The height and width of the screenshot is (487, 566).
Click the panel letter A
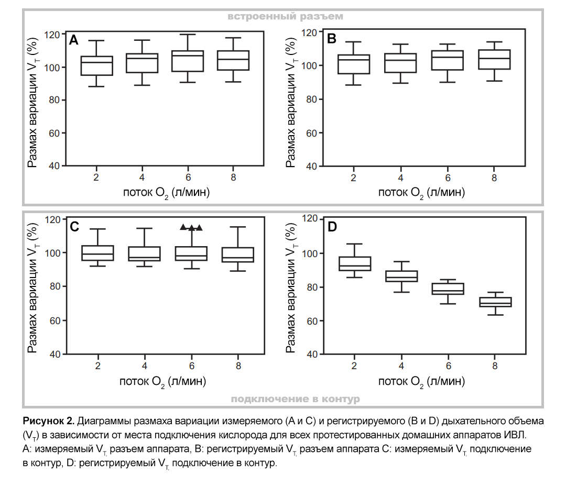pyautogui.click(x=74, y=40)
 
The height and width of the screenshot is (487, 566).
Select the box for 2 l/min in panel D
pyautogui.click(x=355, y=263)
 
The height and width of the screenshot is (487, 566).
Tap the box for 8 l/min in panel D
pyautogui.click(x=495, y=302)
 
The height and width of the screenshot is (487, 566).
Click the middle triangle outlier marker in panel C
pyautogui.click(x=191, y=227)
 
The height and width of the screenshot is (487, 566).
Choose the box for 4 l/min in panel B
pyautogui.click(x=401, y=63)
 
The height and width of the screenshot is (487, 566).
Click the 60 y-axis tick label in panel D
pyautogui.click(x=311, y=320)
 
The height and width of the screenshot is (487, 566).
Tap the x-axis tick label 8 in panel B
pyautogui.click(x=494, y=179)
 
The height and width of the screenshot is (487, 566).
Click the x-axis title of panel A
pyautogui.click(x=167, y=193)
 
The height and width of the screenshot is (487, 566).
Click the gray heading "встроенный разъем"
pyautogui.click(x=285, y=16)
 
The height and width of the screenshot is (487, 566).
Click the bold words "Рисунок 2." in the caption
pyautogui.click(x=50, y=421)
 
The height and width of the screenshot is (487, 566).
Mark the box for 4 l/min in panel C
pyautogui.click(x=144, y=254)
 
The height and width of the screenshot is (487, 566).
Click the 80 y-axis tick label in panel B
pyautogui.click(x=311, y=99)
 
